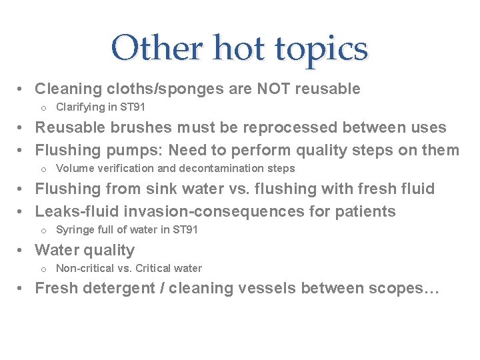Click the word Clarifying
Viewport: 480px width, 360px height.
click(80, 107)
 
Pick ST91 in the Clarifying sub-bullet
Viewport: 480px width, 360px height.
click(133, 107)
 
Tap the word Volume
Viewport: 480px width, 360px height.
click(73, 169)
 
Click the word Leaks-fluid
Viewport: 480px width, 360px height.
click(74, 212)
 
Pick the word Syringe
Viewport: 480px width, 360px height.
click(74, 230)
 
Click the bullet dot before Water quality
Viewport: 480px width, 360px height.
click(21, 251)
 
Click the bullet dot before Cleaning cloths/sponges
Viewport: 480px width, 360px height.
click(21, 89)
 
